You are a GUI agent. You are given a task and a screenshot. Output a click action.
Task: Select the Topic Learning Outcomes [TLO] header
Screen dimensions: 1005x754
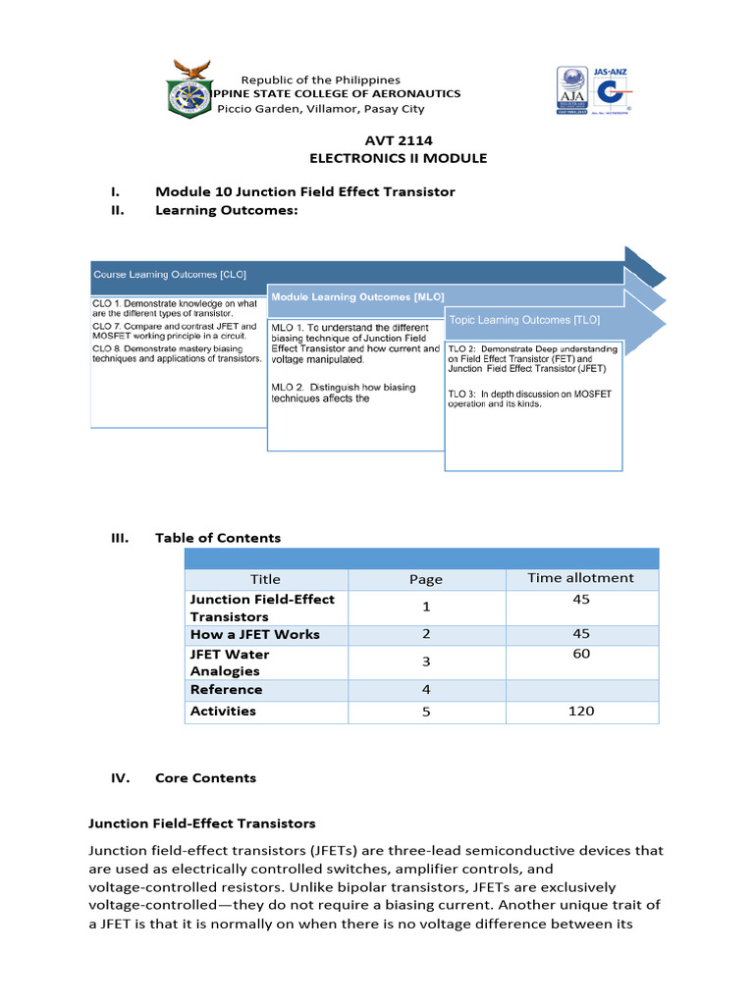coord(524,320)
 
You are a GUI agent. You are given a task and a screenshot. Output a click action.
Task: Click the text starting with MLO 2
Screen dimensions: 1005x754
coord(344,393)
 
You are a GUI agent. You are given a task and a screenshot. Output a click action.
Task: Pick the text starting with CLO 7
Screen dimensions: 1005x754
coord(175,331)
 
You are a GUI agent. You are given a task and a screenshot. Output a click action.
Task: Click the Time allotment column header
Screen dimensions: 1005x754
coord(580,578)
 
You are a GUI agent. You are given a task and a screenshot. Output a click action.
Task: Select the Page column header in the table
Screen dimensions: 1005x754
coord(426,580)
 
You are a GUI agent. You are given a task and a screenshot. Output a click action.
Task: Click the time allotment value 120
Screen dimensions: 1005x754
coord(580,712)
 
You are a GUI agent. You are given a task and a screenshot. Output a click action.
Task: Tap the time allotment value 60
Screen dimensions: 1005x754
coord(580,654)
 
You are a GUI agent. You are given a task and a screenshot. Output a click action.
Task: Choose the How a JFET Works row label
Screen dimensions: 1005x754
coord(254,635)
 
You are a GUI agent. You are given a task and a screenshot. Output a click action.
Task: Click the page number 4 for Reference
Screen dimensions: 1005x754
coord(426,690)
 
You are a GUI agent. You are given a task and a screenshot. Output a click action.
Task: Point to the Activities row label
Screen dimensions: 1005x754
coord(223,712)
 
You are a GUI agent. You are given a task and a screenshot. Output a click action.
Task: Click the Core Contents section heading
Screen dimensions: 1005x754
coord(205,778)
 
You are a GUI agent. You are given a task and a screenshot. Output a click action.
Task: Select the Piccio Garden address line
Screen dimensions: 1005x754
coord(320,109)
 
